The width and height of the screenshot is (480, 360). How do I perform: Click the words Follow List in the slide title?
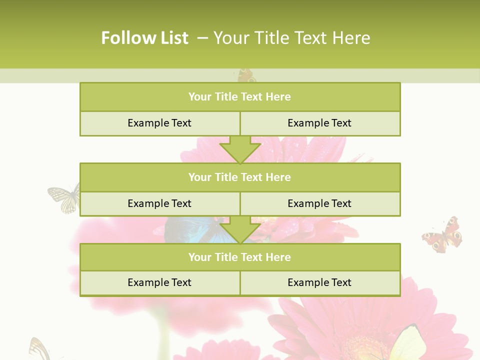pos(145,38)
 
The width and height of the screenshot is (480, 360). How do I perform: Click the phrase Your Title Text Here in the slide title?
pos(292,38)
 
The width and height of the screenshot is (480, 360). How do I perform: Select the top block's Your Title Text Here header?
pos(240,97)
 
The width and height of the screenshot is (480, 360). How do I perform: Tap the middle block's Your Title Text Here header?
pos(240,177)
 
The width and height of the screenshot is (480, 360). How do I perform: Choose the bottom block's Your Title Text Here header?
pos(240,257)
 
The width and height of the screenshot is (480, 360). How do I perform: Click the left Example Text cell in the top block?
pos(159,123)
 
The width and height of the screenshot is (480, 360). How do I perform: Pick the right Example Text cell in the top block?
pos(319,123)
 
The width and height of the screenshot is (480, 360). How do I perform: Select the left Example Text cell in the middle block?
pos(159,203)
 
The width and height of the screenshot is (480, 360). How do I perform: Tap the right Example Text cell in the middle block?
pos(319,203)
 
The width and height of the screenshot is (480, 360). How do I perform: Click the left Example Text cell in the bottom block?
pos(159,282)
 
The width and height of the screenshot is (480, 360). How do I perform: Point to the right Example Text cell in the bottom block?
pos(319,282)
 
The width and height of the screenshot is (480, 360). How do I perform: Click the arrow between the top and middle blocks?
pos(240,149)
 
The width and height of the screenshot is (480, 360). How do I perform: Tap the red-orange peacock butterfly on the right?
pos(443,235)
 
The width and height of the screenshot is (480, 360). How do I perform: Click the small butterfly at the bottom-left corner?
pos(38,348)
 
